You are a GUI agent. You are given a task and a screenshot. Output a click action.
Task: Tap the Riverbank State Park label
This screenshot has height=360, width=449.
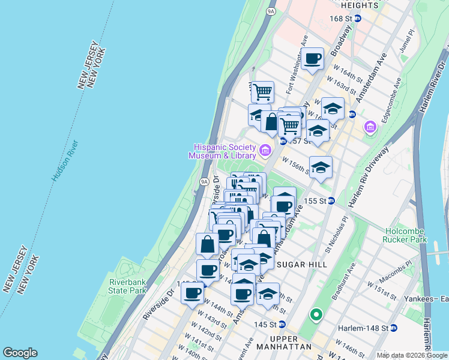click(128, 286)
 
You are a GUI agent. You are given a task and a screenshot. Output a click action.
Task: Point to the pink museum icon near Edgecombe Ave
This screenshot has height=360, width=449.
click(370, 127)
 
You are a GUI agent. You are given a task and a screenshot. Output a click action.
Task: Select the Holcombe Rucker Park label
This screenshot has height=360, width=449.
click(405, 236)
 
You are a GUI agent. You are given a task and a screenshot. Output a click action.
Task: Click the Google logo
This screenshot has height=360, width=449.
click(20, 353)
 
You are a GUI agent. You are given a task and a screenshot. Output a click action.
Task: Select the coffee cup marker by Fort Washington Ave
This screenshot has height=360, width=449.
click(312, 59)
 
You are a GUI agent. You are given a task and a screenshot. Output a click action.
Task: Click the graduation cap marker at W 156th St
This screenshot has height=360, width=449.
click(321, 167)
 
